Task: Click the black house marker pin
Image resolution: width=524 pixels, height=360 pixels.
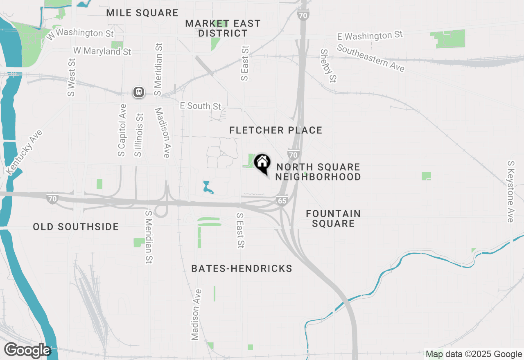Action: click(262, 163)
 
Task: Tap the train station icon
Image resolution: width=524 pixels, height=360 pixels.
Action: click(139, 92)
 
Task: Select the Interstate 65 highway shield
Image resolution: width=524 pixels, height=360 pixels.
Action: click(282, 200)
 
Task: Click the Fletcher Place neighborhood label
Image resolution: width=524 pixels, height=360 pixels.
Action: click(276, 130)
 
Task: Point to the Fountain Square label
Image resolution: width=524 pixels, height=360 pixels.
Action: click(333, 218)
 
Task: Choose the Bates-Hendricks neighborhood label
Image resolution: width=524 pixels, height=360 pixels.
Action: click(242, 268)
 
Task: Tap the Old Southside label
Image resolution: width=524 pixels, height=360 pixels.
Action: click(76, 227)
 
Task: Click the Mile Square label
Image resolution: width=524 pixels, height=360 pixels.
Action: click(142, 13)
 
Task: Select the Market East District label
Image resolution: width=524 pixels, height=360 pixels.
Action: click(223, 28)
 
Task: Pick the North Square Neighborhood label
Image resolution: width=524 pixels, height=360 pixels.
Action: click(318, 172)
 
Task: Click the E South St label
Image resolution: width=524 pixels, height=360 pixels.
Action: click(201, 106)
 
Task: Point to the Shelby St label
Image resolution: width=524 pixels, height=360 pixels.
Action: click(328, 65)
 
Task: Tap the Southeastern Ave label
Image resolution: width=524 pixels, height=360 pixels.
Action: click(371, 58)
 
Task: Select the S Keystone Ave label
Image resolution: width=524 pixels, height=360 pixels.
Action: click(510, 191)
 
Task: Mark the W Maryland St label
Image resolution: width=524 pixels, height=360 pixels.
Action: click(102, 51)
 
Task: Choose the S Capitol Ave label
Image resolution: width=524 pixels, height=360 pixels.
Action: click(122, 130)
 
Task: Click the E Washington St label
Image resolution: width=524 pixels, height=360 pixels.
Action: click(370, 36)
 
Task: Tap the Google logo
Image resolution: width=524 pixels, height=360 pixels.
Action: click(27, 350)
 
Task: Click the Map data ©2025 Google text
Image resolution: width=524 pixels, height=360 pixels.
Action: click(474, 354)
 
